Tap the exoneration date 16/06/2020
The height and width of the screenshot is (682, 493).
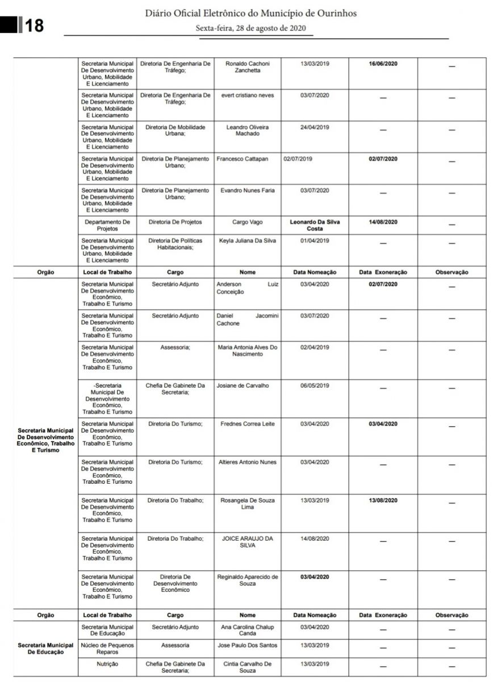383,64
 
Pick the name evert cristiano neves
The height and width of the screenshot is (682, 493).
247,95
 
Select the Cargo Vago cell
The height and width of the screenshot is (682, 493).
247,222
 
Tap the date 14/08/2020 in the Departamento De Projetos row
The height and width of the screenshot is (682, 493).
383,222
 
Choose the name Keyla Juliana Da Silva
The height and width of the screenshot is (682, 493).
247,240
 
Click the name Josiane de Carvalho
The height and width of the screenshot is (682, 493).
242,386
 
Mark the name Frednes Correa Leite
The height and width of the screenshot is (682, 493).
247,424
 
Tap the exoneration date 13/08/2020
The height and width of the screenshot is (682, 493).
383,501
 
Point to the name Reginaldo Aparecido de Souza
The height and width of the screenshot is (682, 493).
247,580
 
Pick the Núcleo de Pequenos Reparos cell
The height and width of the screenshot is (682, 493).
107,649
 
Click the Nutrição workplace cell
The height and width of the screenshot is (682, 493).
107,664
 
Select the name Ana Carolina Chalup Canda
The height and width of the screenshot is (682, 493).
247,630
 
